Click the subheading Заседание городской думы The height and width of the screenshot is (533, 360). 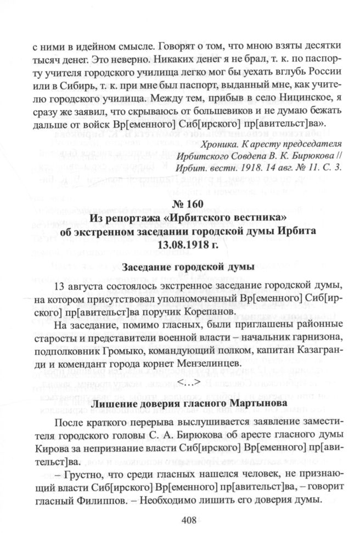(180, 268)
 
